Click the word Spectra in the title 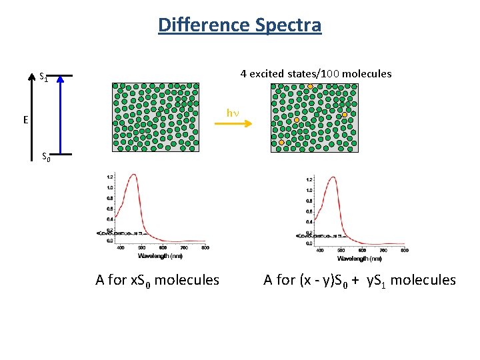[287, 25]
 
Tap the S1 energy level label [43, 77]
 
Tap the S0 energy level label [46, 157]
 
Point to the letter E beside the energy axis [25, 121]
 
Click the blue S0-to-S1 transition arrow [60, 116]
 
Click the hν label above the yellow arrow [232, 113]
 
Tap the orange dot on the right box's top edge [310, 86]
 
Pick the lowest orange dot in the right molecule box [281, 142]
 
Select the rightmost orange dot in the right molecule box [345, 115]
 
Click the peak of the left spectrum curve [135, 175]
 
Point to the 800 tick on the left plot [205, 248]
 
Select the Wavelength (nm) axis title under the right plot [359, 259]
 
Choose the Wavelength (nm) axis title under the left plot [160, 256]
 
